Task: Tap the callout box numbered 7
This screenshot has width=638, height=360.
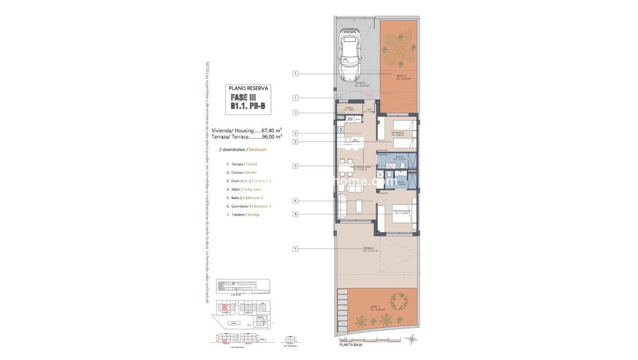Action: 295,113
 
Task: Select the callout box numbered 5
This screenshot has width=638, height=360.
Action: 295,166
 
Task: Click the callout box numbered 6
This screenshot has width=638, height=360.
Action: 295,215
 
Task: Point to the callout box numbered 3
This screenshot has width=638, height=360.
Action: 295,142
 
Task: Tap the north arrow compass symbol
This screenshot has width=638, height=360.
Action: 412,339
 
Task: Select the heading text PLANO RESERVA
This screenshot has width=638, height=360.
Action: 248,89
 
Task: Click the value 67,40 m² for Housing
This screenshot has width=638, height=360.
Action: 271,130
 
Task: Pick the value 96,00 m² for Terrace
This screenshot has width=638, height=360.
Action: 271,137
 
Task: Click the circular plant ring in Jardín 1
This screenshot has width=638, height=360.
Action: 398,301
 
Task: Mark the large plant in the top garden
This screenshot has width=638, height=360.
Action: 398,54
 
